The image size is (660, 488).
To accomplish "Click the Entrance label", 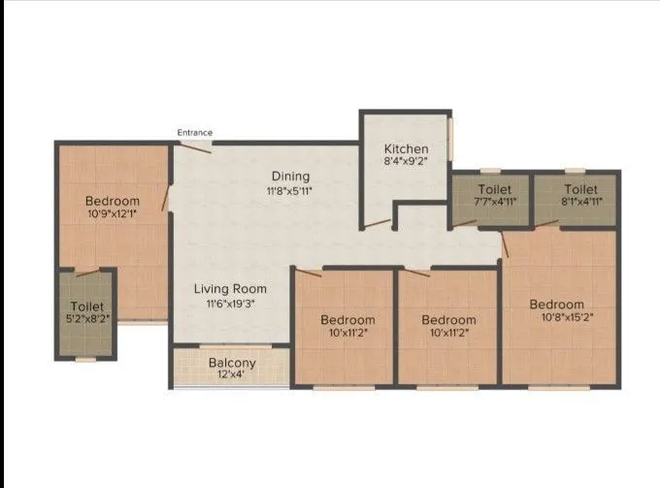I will click(x=194, y=133).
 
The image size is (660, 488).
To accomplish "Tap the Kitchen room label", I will click(x=405, y=148).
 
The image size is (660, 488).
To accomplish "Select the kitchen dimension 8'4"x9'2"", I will click(x=405, y=162).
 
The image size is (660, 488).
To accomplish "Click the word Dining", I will click(x=290, y=176).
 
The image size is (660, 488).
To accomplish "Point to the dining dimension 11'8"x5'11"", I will click(x=290, y=190).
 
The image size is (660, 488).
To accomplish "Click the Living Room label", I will click(x=230, y=289).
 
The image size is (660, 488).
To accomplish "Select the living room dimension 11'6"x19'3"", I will click(x=230, y=304).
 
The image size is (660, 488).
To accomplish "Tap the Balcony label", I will click(x=233, y=364).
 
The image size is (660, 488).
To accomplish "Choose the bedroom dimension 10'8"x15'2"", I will click(x=557, y=318).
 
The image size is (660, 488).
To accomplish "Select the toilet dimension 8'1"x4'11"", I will click(x=580, y=202).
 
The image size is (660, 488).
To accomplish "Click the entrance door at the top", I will click(x=195, y=146).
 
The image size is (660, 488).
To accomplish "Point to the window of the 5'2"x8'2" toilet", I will click(x=85, y=360).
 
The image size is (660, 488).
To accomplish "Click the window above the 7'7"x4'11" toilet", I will click(x=490, y=171).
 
